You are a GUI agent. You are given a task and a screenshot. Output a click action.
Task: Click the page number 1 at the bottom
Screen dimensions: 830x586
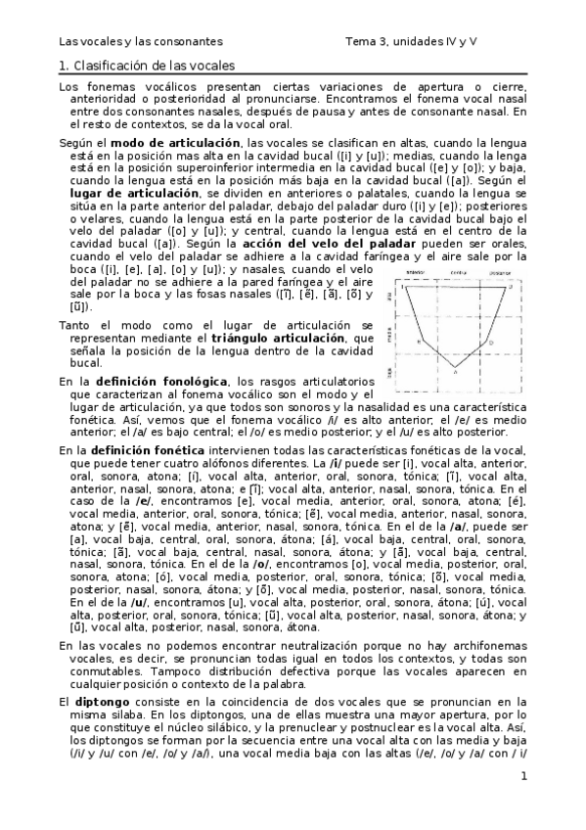(523, 777)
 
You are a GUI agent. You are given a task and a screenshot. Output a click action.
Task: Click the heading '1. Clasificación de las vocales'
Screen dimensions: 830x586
(148, 66)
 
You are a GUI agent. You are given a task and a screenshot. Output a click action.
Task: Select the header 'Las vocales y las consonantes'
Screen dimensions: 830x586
(141, 41)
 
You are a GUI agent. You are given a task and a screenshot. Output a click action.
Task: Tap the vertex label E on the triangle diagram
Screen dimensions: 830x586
(419, 342)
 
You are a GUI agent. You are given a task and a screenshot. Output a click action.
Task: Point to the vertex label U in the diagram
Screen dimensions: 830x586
(510, 287)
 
